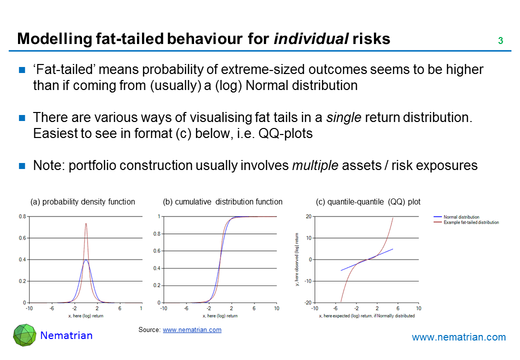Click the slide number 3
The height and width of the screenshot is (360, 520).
(x=500, y=41)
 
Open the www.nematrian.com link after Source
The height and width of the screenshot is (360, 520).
(x=192, y=330)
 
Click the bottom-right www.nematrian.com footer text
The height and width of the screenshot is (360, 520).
(x=458, y=337)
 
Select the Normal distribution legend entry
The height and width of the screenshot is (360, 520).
(x=461, y=217)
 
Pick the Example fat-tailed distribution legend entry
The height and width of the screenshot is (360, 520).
(x=470, y=222)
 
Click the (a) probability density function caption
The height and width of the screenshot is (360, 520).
(x=83, y=202)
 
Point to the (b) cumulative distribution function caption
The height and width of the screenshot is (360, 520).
(x=222, y=202)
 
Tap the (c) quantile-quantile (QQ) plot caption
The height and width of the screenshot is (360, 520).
(x=368, y=202)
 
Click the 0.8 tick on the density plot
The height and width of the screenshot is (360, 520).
(x=22, y=216)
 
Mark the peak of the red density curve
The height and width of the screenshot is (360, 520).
(x=86, y=223)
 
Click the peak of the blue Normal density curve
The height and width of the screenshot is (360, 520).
(x=86, y=260)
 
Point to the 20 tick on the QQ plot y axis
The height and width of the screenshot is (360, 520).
(x=309, y=216)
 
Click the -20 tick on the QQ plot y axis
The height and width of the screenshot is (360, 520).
(x=308, y=302)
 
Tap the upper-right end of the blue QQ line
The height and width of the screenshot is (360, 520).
(x=392, y=249)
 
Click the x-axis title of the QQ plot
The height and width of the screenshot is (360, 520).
(x=367, y=315)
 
